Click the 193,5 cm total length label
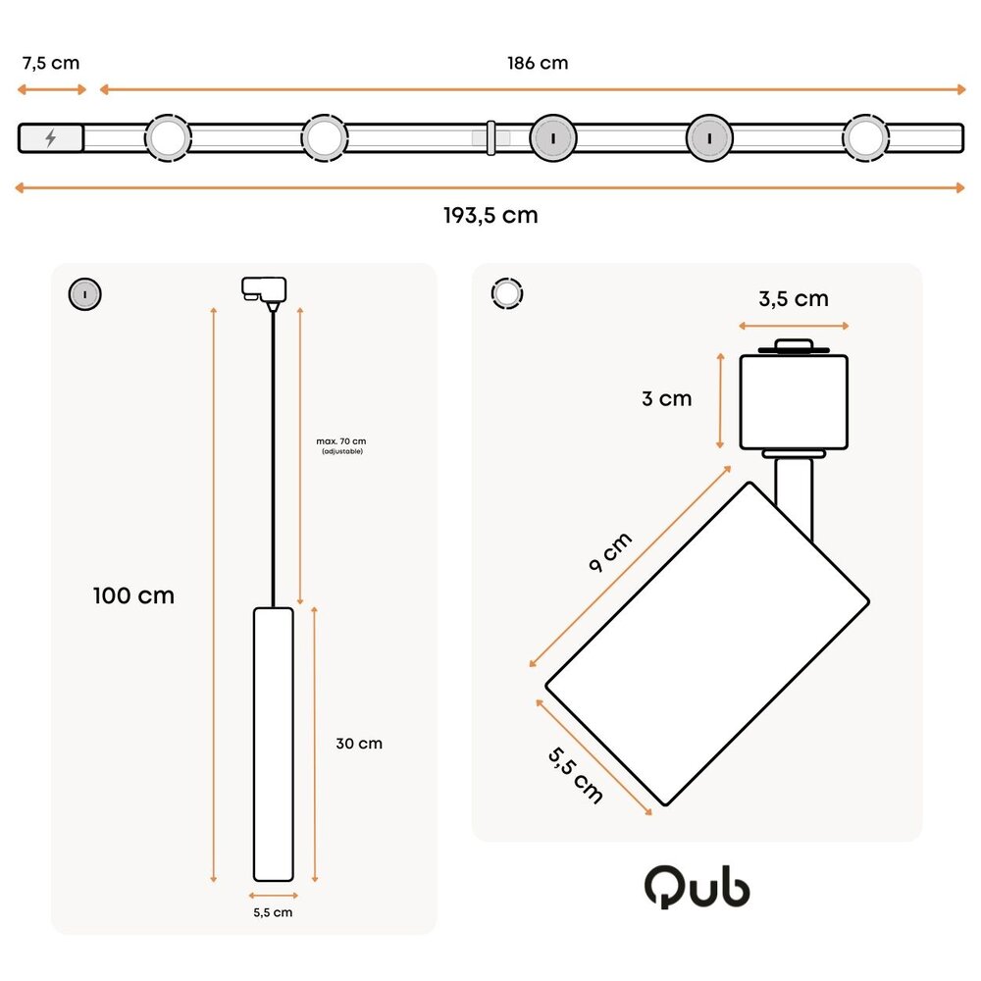coord(490,215)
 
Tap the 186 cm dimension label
coord(538,63)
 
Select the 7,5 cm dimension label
coord(50,63)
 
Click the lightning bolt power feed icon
coord(51,138)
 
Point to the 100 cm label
coord(133,595)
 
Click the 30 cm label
coord(359,744)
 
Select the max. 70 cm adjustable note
coord(341,444)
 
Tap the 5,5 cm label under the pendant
coord(273,912)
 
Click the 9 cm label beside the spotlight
coord(611,555)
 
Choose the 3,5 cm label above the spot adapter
coord(793,299)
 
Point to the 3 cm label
coord(667,398)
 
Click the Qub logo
coord(697,888)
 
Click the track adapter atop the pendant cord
coord(263,289)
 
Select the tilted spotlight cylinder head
coord(706,643)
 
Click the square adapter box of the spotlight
coord(793,400)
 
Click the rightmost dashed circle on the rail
coord(865,138)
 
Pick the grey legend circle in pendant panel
coord(84,293)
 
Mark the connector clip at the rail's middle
coord(490,138)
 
